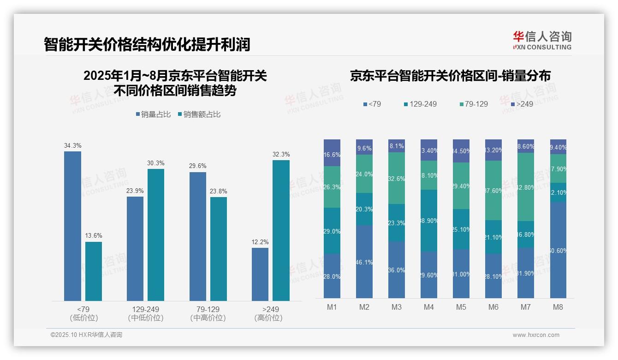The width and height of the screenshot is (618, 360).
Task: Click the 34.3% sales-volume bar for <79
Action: [72, 226]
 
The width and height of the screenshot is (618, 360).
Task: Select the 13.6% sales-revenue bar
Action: [94, 271]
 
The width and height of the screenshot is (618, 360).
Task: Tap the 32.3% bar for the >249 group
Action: [281, 230]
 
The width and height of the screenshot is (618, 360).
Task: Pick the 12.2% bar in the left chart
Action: [260, 274]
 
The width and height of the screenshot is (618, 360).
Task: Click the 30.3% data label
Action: [155, 163]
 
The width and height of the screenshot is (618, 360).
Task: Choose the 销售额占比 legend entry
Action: [199, 114]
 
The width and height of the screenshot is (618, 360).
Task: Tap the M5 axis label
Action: [461, 307]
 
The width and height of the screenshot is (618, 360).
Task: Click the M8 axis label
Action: [558, 307]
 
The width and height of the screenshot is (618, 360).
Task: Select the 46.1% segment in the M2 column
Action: [364, 262]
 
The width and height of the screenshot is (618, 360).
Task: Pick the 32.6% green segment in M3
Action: [396, 178]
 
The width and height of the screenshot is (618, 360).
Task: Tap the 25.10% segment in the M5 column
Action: [461, 229]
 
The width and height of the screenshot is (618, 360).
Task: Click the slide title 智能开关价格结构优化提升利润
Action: [147, 44]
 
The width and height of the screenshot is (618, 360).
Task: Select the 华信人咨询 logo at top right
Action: [542, 40]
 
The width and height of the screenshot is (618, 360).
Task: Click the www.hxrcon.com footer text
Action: [535, 335]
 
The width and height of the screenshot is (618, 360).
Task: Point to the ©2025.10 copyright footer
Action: [86, 335]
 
